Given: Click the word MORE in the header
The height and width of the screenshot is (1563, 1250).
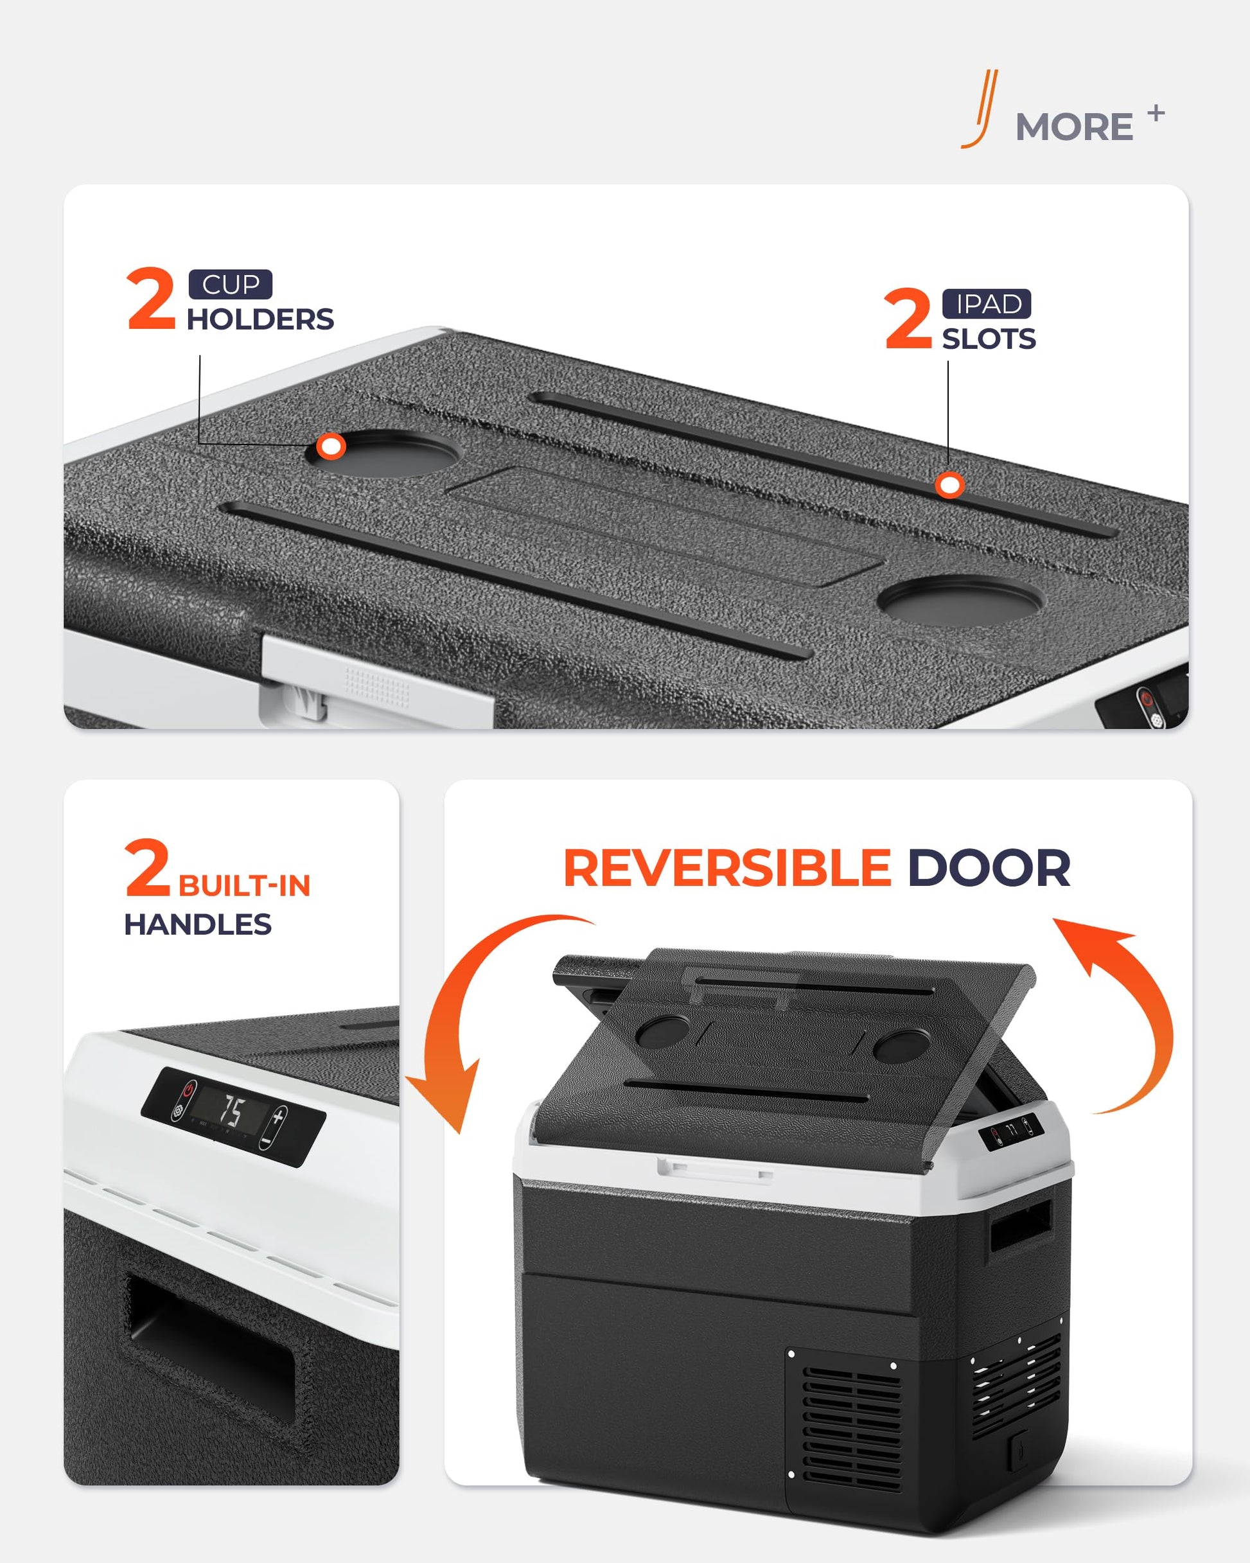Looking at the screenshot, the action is tap(1074, 128).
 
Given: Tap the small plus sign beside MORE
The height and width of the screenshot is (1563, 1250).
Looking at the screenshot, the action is tap(1156, 113).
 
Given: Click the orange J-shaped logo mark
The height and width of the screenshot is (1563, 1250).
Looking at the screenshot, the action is tap(981, 109).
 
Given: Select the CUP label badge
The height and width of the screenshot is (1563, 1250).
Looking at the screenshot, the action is tap(231, 284).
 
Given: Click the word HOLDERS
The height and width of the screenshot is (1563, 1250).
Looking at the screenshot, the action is tap(260, 319).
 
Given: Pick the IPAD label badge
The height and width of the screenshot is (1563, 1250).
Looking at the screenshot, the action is tap(987, 304).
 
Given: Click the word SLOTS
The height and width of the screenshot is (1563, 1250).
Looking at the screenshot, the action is tap(989, 339).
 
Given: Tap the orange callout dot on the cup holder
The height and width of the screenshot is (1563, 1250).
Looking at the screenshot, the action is tap(331, 446).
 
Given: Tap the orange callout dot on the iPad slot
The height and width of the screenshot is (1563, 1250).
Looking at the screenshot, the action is tap(949, 485).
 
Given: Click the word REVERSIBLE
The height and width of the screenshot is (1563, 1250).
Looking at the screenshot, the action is tap(727, 868).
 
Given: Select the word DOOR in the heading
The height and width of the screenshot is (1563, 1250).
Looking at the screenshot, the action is tap(989, 868).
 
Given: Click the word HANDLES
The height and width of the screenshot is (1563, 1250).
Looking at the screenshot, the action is tap(198, 924).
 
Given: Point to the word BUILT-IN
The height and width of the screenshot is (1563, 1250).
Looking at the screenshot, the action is tap(244, 886).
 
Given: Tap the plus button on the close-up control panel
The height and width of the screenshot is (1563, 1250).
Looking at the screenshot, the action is tap(278, 1117).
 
